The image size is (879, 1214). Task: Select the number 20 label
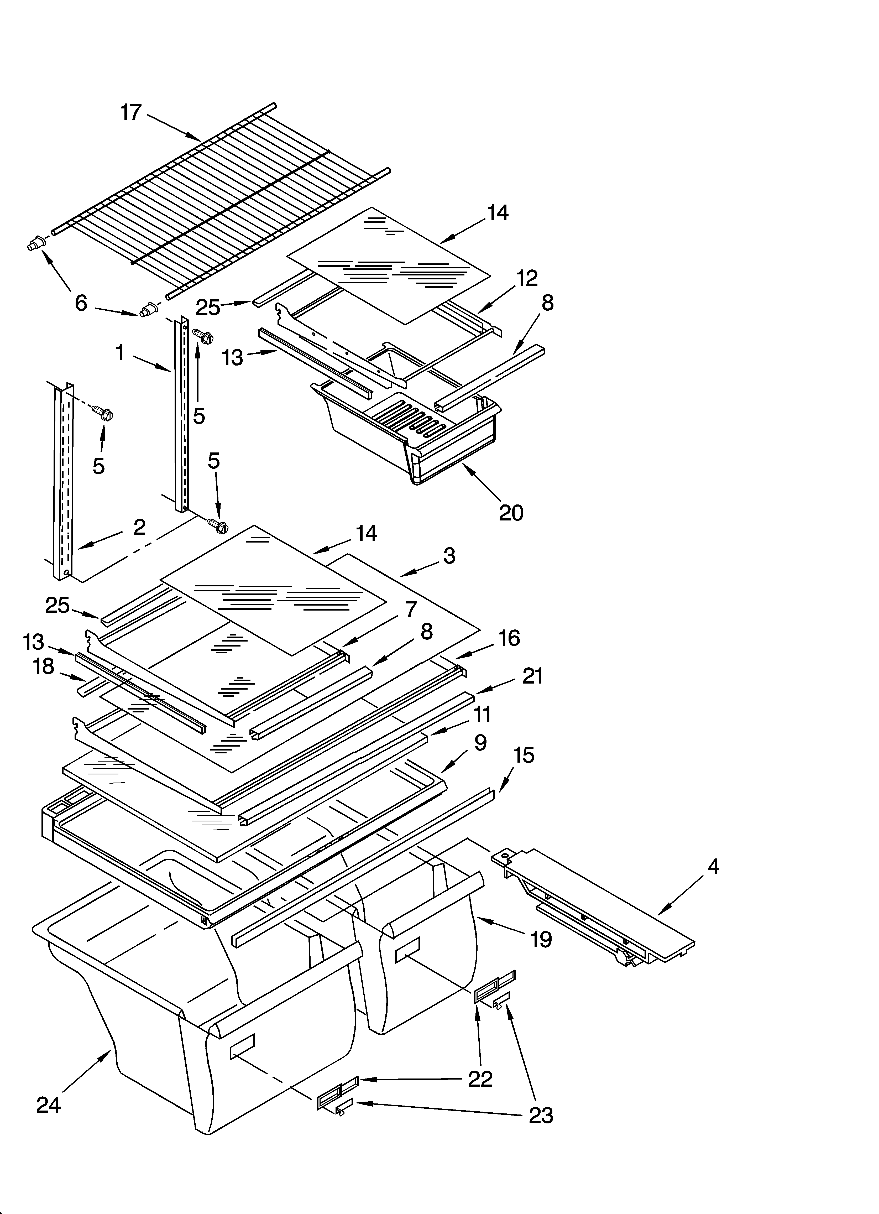(x=511, y=513)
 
